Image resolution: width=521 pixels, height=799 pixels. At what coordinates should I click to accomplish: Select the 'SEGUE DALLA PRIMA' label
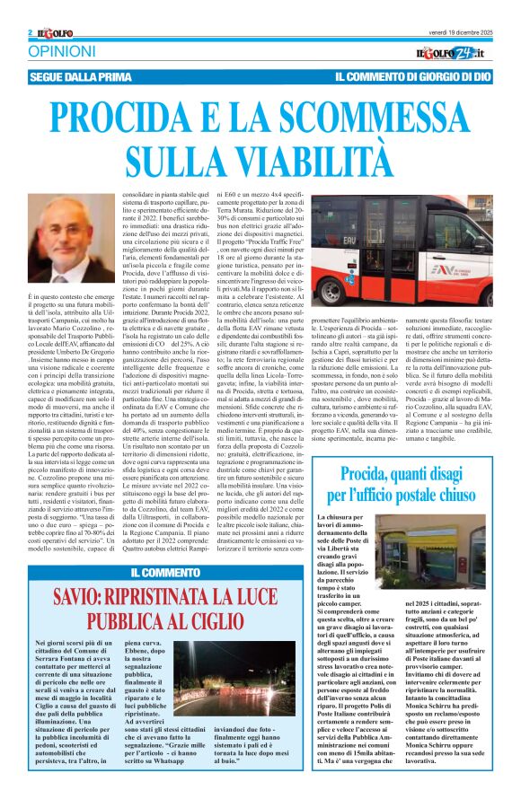click(84, 78)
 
